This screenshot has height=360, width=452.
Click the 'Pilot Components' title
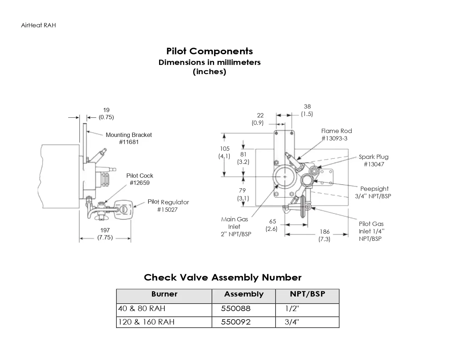click(209, 51)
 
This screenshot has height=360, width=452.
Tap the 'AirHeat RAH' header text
click(38, 25)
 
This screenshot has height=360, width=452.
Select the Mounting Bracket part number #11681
click(129, 142)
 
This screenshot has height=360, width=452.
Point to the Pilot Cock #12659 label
click(140, 179)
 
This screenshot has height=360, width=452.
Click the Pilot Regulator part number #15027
click(167, 210)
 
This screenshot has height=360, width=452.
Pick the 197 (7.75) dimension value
click(105, 234)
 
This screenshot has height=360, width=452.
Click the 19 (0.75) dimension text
click(106, 113)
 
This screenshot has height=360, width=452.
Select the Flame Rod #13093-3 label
click(336, 134)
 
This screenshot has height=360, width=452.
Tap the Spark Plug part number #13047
click(374, 164)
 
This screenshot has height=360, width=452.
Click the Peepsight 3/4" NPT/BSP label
click(374, 192)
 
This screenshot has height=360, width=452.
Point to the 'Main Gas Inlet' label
click(235, 223)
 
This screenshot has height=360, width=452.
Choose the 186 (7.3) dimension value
click(325, 235)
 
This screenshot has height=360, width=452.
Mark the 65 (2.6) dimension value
click(272, 225)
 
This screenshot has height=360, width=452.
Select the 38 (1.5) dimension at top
click(307, 110)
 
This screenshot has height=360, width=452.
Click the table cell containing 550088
click(236, 309)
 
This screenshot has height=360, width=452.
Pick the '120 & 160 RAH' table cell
click(146, 322)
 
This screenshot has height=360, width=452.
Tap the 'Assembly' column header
click(244, 294)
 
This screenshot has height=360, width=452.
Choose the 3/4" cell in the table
click(292, 322)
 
